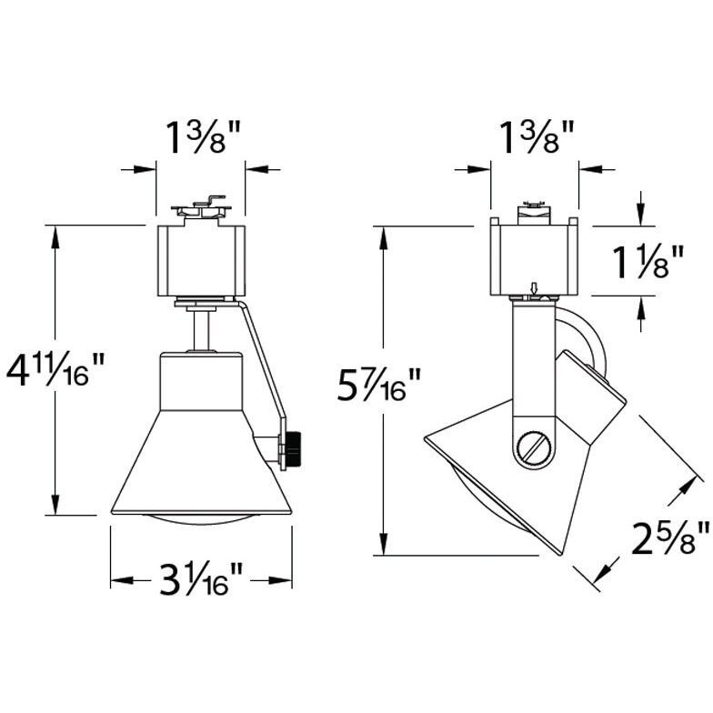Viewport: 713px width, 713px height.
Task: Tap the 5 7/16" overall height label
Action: [380, 386]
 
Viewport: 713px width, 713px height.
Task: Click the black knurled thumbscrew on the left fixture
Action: [294, 449]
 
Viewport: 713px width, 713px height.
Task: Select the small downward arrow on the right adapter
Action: [535, 289]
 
